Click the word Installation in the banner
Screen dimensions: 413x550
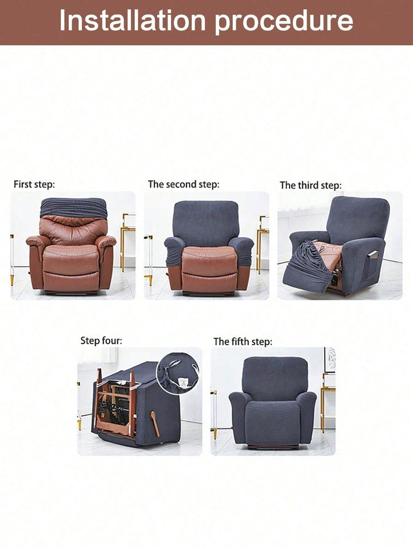133,21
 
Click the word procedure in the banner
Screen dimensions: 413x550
283,22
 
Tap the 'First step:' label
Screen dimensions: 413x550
34,184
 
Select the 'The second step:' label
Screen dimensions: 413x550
184,184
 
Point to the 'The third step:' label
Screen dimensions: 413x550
310,185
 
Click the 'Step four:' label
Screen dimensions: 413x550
102,341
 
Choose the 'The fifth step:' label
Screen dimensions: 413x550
243,341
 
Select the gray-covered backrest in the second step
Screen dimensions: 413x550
205,220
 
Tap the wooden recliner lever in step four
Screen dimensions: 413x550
155,423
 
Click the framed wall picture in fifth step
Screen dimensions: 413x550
330,360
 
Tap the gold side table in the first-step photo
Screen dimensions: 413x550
128,241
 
